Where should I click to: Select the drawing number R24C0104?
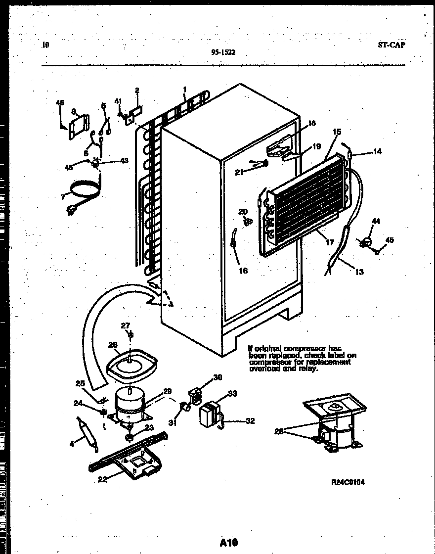[x=348, y=482]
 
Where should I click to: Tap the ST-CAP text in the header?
[x=391, y=45]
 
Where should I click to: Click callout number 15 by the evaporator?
[x=337, y=132]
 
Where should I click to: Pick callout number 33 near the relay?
[x=232, y=394]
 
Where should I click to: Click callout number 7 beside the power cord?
[x=63, y=197]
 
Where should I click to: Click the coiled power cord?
[x=84, y=190]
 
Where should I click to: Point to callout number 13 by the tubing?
[x=359, y=272]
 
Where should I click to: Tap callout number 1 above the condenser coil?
[x=184, y=89]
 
